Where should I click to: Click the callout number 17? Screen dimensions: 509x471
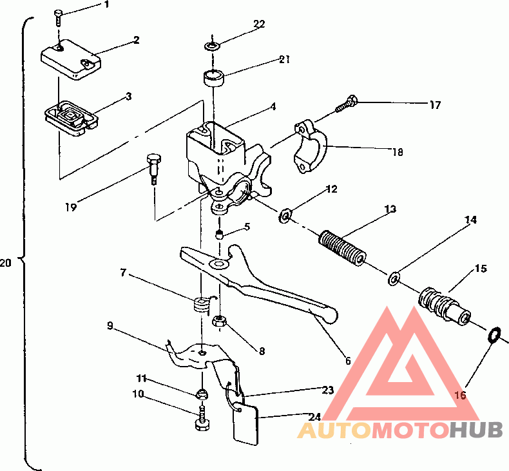click(x=436, y=105)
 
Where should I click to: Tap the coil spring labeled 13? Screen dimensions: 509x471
click(x=343, y=248)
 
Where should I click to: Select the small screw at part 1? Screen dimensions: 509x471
click(x=57, y=18)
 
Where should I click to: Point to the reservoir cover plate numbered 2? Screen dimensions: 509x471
click(x=71, y=59)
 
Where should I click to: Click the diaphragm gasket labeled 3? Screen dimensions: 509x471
click(x=72, y=119)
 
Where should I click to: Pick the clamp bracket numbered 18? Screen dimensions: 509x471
click(x=311, y=147)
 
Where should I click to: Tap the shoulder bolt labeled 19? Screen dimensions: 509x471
click(x=154, y=168)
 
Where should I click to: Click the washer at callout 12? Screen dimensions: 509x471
click(x=285, y=216)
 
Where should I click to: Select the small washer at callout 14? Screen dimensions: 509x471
click(x=394, y=278)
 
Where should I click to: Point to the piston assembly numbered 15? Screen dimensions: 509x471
click(x=444, y=304)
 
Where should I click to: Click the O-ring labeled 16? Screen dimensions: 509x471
click(x=494, y=334)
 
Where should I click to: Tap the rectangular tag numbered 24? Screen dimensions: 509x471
click(x=246, y=423)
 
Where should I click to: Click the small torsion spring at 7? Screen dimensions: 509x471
click(x=202, y=305)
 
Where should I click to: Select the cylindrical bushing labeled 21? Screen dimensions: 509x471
click(x=214, y=79)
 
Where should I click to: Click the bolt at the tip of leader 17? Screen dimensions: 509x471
click(x=346, y=104)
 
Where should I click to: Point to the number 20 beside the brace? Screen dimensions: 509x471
click(x=6, y=262)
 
